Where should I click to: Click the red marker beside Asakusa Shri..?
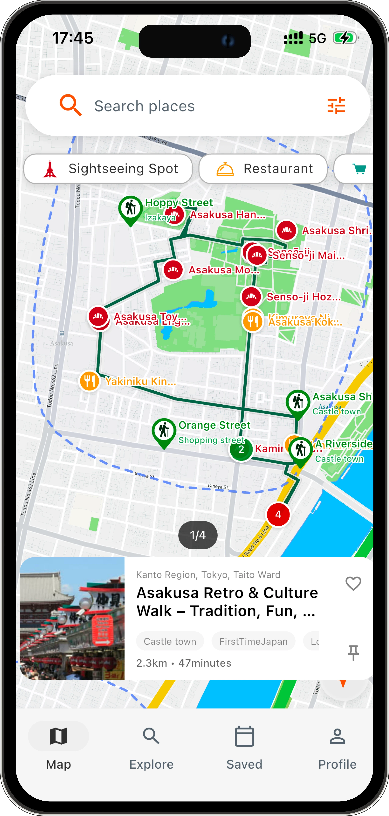point(287,230)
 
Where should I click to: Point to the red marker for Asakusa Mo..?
point(173,270)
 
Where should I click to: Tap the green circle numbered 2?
point(241,449)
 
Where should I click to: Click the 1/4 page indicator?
point(198,535)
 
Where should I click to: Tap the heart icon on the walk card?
point(353,583)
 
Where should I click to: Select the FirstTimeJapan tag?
point(253,641)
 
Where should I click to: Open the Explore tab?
point(151,748)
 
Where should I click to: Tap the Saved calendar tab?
point(244,748)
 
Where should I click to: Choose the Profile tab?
point(337,748)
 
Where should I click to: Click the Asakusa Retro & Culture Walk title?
point(227,602)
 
